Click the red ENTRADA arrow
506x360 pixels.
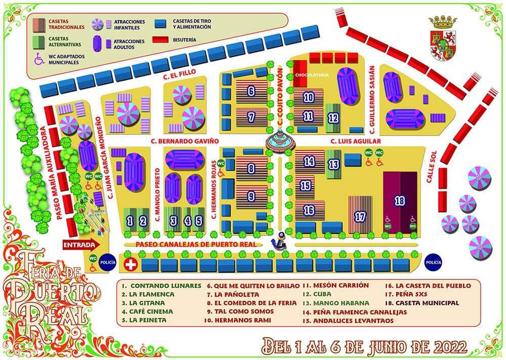coord(81,245)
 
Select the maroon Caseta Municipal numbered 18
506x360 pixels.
coord(400,201)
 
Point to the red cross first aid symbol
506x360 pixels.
coord(131,264)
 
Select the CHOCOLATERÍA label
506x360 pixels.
coord(312,75)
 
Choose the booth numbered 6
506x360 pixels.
coord(251,92)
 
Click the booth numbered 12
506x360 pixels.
coord(332,117)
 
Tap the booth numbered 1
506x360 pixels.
coord(130,220)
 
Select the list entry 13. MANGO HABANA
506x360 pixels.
coord(335,303)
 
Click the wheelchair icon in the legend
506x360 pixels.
coord(39,59)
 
